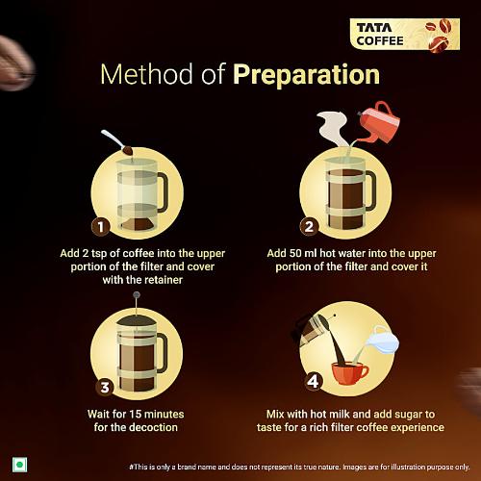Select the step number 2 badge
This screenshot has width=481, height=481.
[309, 227]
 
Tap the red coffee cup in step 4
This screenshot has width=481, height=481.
[347, 372]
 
